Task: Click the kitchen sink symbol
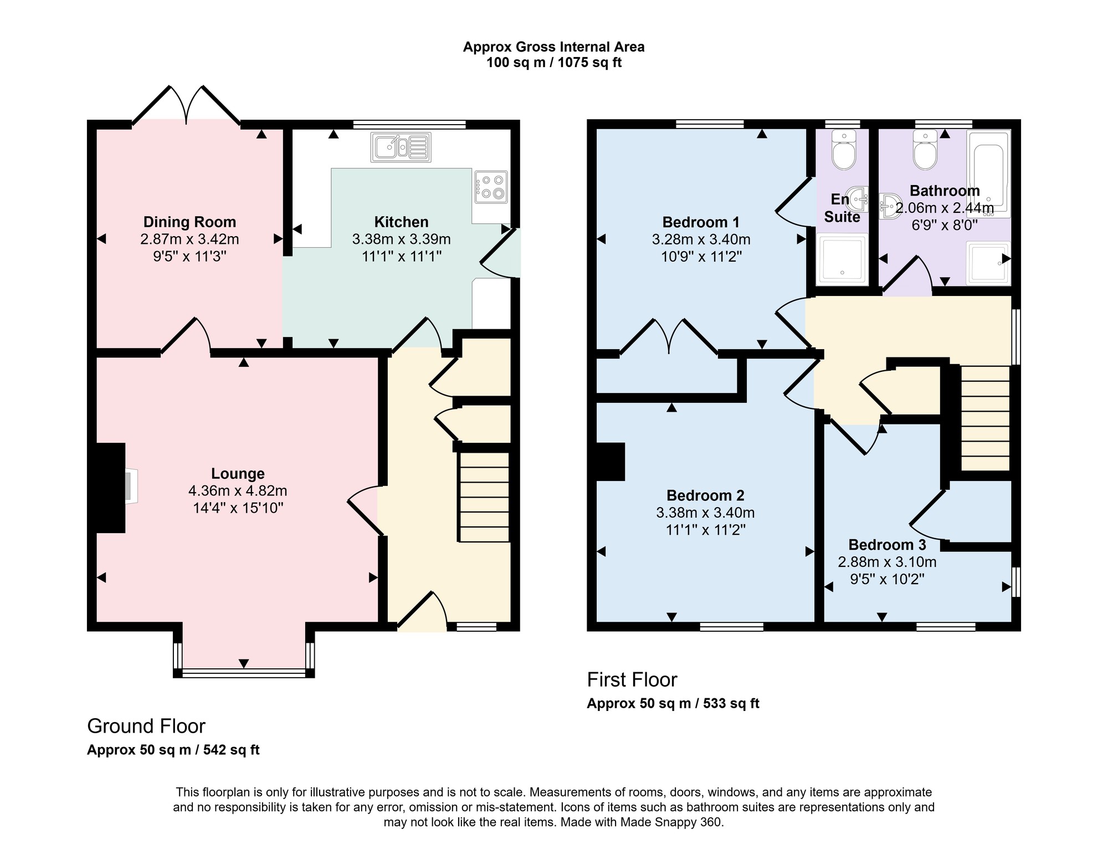tap(401, 147)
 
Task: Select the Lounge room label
tap(238, 474)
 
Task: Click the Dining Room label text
tap(189, 222)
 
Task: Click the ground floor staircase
tap(484, 497)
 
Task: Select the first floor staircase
tap(985, 418)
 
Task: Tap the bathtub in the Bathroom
tap(989, 173)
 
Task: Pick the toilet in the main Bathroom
tap(925, 150)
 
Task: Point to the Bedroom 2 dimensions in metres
tap(705, 513)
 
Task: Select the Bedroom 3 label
tap(887, 545)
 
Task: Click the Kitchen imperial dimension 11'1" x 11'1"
tap(401, 257)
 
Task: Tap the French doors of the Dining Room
tap(186, 105)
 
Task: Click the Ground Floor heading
tap(146, 726)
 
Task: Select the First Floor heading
tap(632, 679)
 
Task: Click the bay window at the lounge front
tap(244, 659)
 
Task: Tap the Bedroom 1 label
tap(701, 223)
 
